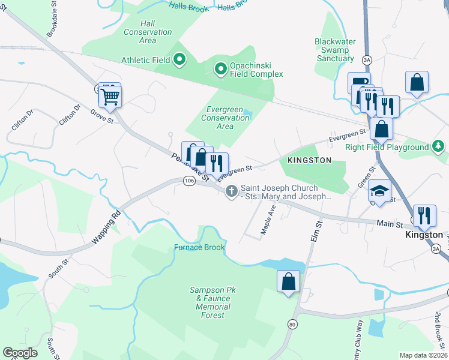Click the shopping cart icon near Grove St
coord(110,97)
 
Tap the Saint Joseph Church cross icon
coord(231,191)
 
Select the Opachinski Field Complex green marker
coord(221,70)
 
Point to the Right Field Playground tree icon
coord(439,146)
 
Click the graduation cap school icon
coord(379,191)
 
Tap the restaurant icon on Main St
coord(424,215)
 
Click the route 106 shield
coord(189,181)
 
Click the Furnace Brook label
coord(199,247)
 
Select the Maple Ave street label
coord(268,220)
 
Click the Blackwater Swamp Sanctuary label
coord(335,50)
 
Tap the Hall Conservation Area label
coord(147,32)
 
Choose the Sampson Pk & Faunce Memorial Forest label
coord(213,302)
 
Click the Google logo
coord(20,352)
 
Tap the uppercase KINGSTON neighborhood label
coord(309,160)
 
